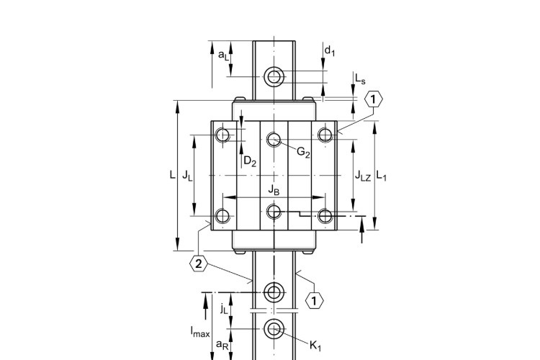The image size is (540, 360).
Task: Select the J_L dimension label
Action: [x=186, y=175]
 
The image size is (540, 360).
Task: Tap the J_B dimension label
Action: [x=274, y=190]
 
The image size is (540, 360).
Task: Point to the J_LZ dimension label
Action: [x=362, y=176]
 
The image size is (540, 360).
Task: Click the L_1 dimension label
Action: [x=382, y=176]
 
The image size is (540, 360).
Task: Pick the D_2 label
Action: [x=249, y=162]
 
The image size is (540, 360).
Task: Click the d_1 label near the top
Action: [x=330, y=50]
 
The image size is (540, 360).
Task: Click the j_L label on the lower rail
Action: [x=223, y=309]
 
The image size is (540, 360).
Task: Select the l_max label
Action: [x=200, y=332]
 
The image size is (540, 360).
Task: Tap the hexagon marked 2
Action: [x=199, y=264]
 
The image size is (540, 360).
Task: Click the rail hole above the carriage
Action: [x=274, y=76]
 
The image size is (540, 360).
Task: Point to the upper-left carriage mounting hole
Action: [x=223, y=135]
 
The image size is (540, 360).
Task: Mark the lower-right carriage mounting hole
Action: [x=325, y=215]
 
